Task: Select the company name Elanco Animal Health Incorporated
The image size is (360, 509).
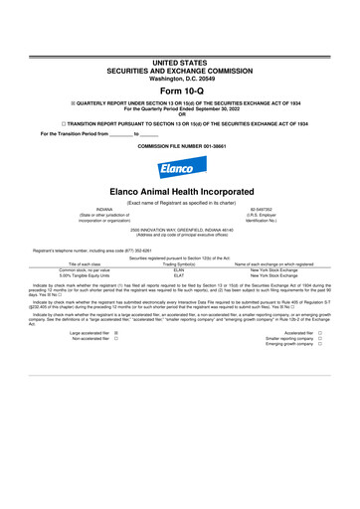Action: pyautogui.click(x=180, y=187)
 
